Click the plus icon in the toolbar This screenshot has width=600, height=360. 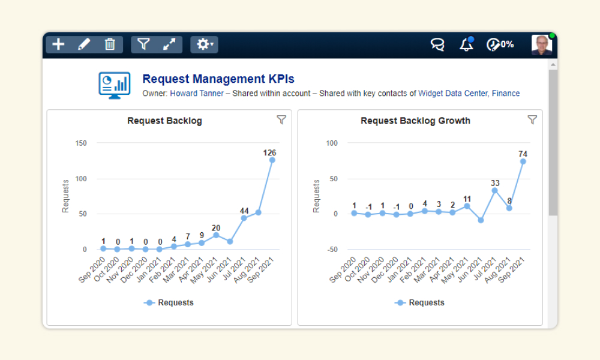click(x=58, y=44)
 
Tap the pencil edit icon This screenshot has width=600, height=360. click(x=84, y=44)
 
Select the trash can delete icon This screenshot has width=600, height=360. click(x=110, y=44)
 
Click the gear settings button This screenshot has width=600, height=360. click(x=205, y=44)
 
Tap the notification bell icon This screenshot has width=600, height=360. click(x=466, y=44)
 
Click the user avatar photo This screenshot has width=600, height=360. click(x=541, y=45)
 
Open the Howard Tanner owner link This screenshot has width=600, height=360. click(x=197, y=94)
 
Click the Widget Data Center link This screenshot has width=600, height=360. click(x=453, y=94)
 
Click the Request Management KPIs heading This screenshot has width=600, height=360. click(x=218, y=79)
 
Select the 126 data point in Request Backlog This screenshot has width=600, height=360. click(x=272, y=160)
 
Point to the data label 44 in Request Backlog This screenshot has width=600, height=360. click(x=244, y=211)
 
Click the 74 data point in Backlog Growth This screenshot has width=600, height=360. click(x=523, y=161)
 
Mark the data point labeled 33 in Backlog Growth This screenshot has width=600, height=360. click(x=495, y=191)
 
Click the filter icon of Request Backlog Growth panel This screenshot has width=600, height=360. click(x=532, y=120)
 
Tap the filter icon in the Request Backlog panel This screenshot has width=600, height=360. click(x=281, y=120)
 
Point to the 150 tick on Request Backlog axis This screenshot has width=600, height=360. click(x=81, y=143)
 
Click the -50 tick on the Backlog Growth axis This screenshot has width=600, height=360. click(x=332, y=250)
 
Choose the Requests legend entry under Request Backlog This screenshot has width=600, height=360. click(x=169, y=302)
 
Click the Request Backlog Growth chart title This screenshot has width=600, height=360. click(x=415, y=121)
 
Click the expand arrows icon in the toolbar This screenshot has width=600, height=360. click(x=169, y=44)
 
